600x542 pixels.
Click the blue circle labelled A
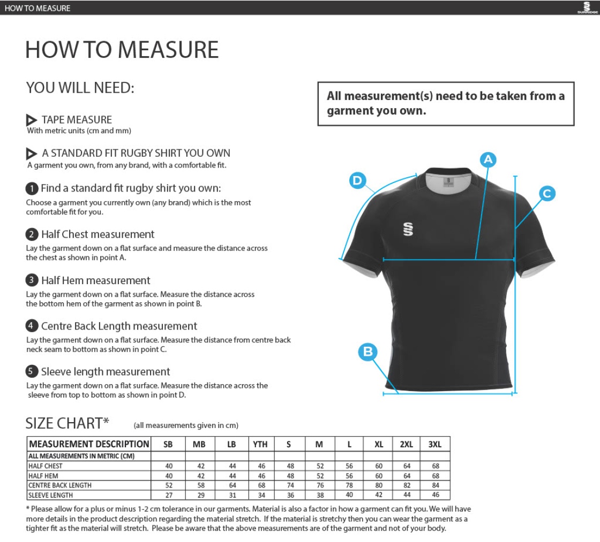[x=488, y=159]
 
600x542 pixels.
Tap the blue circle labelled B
[x=368, y=352]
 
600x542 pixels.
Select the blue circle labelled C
[x=547, y=194]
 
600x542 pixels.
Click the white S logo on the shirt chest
[x=408, y=229]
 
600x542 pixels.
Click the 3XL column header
[x=435, y=444]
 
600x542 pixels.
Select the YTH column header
[x=260, y=444]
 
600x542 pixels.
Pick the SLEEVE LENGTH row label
[x=50, y=495]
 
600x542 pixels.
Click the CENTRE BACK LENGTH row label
[x=59, y=485]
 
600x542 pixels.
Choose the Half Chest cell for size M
[x=320, y=466]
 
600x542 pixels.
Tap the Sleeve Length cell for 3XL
[x=435, y=495]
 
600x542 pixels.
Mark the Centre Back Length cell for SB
[x=168, y=485]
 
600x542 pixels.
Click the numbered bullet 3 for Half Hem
[x=32, y=280]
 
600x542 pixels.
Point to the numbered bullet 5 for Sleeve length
[x=32, y=372]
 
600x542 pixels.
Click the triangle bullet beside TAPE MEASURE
[x=32, y=120]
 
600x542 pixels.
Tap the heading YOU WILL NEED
[x=80, y=88]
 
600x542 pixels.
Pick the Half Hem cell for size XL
[x=379, y=476]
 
